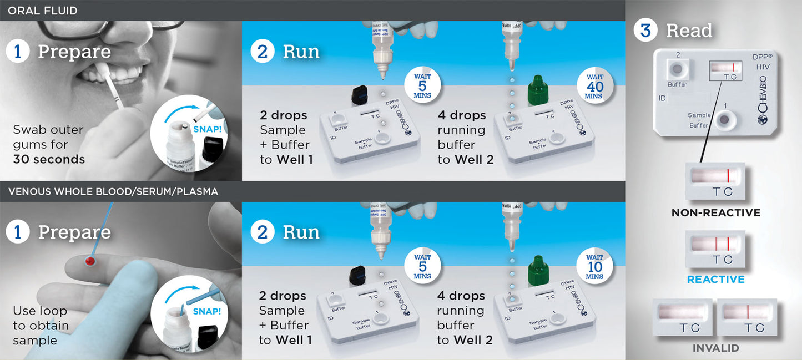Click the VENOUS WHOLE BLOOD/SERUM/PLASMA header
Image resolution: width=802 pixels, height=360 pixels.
click(113, 192)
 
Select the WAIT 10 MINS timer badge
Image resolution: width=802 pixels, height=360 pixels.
click(594, 267)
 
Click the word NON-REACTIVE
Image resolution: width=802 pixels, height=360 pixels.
click(715, 212)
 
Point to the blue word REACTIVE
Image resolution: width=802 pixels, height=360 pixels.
click(715, 280)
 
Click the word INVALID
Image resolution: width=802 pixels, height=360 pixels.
click(715, 348)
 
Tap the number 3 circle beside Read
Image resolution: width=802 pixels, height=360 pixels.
click(645, 31)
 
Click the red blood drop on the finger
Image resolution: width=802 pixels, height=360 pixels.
click(90, 260)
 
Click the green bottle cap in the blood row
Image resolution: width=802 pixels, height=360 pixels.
click(537, 269)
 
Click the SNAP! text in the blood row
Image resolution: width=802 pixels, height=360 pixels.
click(206, 311)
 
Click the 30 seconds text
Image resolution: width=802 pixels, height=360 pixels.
click(49, 159)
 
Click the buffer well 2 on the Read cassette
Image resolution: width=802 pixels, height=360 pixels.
click(677, 69)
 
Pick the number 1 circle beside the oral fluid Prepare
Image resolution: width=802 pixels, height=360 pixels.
click(17, 52)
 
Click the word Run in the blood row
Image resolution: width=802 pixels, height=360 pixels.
click(301, 232)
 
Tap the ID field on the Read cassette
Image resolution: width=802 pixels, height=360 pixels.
click(688, 98)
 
